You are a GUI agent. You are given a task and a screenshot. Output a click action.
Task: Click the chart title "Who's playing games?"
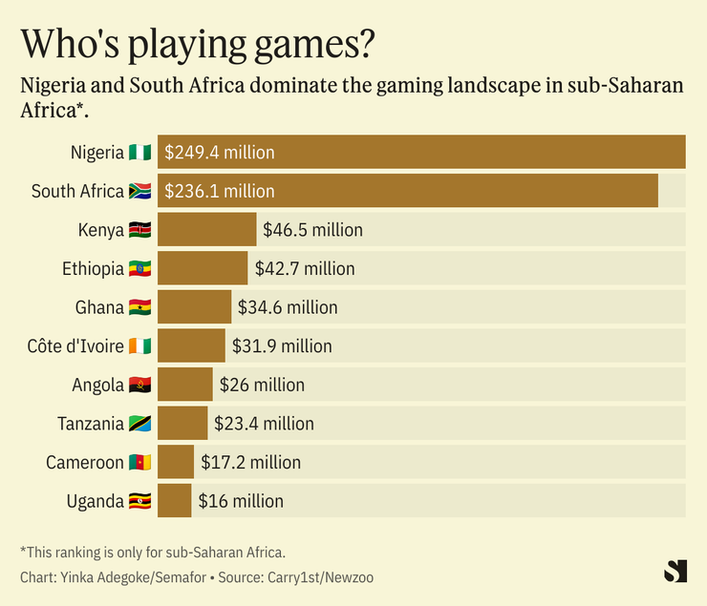[198, 44]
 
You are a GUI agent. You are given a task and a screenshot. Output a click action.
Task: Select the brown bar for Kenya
[206, 230]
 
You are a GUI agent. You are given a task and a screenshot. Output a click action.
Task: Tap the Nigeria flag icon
[139, 153]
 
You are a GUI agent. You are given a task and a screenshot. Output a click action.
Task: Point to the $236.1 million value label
[220, 192]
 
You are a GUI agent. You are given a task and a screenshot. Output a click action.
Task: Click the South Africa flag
[139, 192]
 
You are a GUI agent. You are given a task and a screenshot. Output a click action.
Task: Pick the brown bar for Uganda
[175, 501]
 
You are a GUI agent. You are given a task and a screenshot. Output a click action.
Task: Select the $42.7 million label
[305, 269]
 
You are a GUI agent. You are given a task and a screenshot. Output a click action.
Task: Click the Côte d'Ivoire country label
[76, 346]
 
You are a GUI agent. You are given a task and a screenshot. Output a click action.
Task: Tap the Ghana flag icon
[139, 307]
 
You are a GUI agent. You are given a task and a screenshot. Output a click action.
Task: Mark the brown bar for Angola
[185, 385]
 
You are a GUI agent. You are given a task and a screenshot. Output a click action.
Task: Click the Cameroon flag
[139, 463]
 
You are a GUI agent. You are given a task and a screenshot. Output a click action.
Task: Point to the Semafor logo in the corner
[675, 571]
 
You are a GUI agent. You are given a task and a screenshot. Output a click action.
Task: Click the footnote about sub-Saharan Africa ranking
[153, 553]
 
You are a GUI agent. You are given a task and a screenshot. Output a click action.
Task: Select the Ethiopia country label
[94, 269]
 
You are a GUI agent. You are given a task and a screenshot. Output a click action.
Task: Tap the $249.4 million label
[220, 153]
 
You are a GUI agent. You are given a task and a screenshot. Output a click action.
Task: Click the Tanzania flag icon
[139, 424]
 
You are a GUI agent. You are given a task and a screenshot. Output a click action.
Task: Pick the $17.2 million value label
[251, 463]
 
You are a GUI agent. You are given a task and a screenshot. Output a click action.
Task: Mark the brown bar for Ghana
[194, 307]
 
